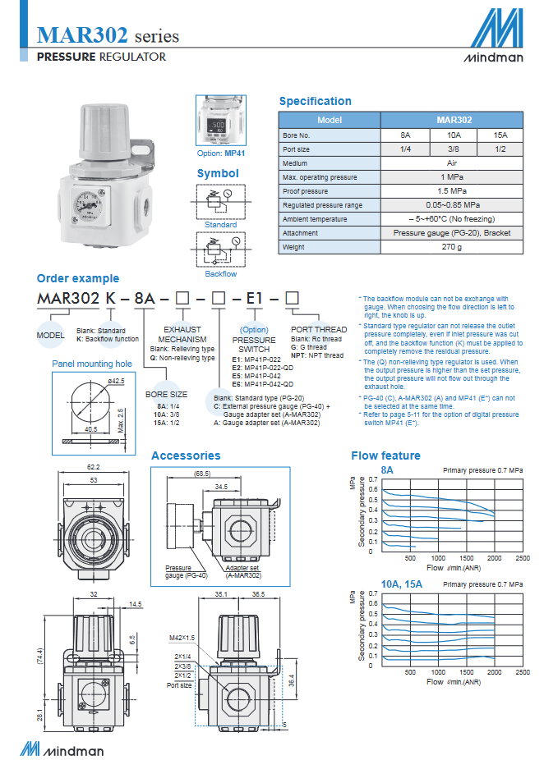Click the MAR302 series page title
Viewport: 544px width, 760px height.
click(x=108, y=35)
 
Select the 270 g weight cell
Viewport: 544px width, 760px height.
click(x=450, y=246)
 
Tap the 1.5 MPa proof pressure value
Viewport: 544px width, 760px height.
click(x=450, y=190)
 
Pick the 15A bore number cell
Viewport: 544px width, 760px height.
click(x=500, y=135)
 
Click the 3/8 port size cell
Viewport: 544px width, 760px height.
click(x=454, y=149)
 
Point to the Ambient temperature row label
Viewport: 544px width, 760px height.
click(x=315, y=219)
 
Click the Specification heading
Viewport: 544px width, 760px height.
click(x=315, y=101)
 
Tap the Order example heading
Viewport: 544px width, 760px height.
click(x=78, y=278)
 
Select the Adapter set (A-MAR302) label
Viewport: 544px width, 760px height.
click(x=242, y=571)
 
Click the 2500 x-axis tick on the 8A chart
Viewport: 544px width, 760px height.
click(x=522, y=558)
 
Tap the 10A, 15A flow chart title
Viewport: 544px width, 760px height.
click(x=402, y=584)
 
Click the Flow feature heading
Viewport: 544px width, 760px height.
click(x=385, y=456)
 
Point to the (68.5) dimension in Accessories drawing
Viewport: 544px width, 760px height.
click(x=201, y=474)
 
